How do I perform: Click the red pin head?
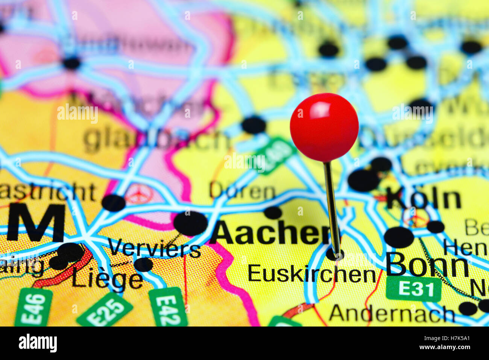click(x=324, y=127)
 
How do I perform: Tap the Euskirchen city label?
click(x=311, y=273)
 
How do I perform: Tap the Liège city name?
click(x=107, y=280)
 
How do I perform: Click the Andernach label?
click(x=392, y=313)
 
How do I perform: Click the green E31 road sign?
click(x=413, y=289)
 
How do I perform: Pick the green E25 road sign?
click(x=105, y=310)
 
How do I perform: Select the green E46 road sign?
click(x=33, y=307)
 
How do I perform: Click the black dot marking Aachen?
click(x=190, y=223)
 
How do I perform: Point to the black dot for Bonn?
click(x=399, y=237)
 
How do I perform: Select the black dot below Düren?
click(x=273, y=213)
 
